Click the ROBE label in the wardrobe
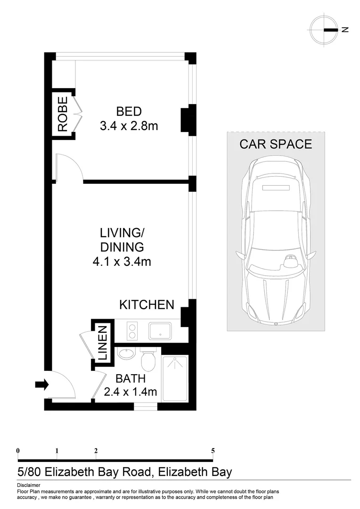coord(63,114)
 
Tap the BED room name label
coord(129,112)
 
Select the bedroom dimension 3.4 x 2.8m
coord(129,126)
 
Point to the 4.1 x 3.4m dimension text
coord(122,261)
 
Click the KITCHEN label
coord(147,305)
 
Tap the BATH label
coord(131,378)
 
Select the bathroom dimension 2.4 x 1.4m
coord(131,391)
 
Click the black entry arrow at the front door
coord(42,385)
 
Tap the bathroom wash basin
coord(125,354)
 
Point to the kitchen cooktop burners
coord(132,330)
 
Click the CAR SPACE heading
coord(276,144)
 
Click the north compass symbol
coord(325,30)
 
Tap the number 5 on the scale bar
coord(213,451)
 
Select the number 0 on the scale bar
coord(18,451)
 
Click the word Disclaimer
coord(28,485)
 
